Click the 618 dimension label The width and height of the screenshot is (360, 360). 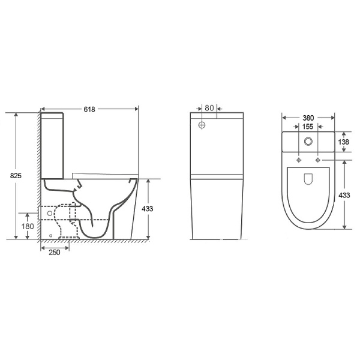pos(89,109)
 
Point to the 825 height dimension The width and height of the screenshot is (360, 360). pos(16,176)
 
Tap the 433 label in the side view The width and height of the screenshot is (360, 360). pos(147,209)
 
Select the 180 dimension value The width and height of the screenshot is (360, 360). pos(28,226)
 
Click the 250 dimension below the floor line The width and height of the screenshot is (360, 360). pos(55,253)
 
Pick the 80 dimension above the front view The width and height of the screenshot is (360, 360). pos(209,108)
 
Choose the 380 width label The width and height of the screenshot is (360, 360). pos(308,118)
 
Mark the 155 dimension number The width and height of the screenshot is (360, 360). pos(308,127)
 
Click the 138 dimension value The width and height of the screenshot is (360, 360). pos(343,142)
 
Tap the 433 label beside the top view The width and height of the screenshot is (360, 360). pos(344,196)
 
